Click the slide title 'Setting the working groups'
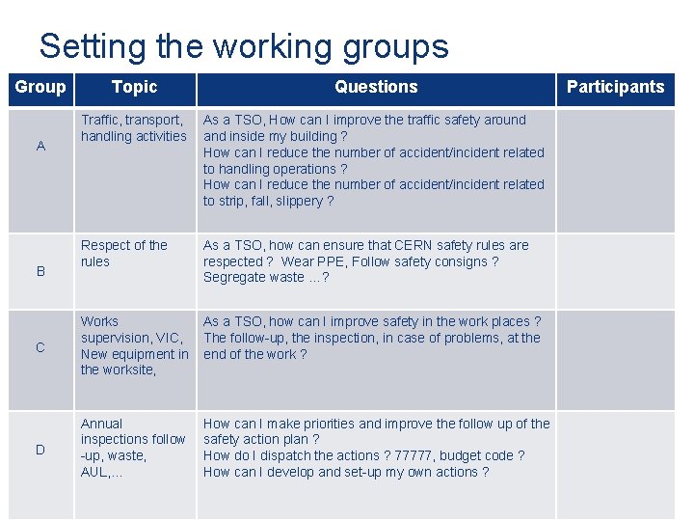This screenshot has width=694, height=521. (x=244, y=46)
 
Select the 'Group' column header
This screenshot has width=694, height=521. (x=40, y=87)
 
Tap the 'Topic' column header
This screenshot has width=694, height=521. (x=134, y=87)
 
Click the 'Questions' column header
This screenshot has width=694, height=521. (x=376, y=87)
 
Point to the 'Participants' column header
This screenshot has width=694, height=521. (x=615, y=87)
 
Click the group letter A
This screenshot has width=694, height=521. (x=40, y=146)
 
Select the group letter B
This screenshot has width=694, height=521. (x=40, y=271)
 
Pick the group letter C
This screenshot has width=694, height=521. (x=40, y=347)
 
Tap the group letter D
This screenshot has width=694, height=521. (x=40, y=449)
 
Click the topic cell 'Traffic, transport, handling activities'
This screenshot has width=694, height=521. (x=134, y=128)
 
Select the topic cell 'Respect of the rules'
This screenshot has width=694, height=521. (x=124, y=253)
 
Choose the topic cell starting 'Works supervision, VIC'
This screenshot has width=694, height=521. (x=134, y=345)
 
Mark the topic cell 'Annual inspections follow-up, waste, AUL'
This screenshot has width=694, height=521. (x=133, y=448)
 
